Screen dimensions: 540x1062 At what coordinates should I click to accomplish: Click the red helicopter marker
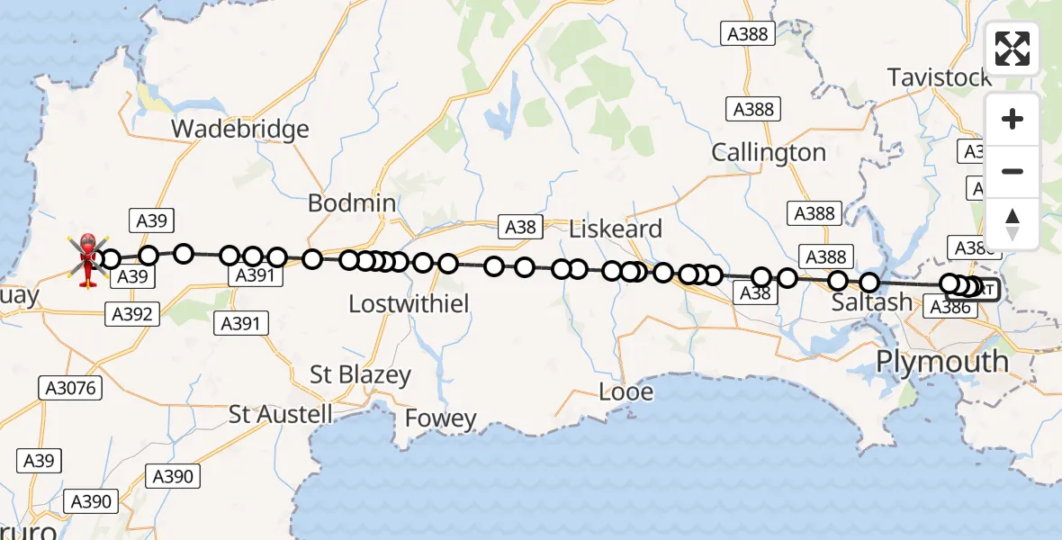[x=88, y=258]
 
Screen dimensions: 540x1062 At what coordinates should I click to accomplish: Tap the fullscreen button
[x=1012, y=49]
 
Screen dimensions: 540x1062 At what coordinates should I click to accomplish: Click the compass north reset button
[x=1012, y=224]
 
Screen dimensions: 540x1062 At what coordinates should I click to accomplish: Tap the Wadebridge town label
[x=240, y=129]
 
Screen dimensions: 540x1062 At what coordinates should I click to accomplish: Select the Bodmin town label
[x=352, y=203]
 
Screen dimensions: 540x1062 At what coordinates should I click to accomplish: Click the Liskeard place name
[x=616, y=229]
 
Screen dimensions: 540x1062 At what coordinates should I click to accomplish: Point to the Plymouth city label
[x=942, y=362]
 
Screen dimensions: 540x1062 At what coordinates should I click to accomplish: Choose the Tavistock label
[x=940, y=77]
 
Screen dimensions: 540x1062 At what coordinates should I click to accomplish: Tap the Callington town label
[x=769, y=153]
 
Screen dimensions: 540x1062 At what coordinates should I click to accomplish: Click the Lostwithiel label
[x=409, y=304]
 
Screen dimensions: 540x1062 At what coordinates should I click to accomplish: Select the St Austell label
[x=281, y=415]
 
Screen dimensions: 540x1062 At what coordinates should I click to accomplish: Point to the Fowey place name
[x=440, y=418]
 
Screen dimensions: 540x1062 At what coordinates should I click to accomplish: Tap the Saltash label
[x=872, y=302]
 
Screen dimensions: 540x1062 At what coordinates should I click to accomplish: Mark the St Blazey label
[x=360, y=374]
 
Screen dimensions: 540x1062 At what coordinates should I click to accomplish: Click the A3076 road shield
[x=69, y=388]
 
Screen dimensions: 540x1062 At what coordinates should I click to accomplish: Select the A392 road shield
[x=132, y=314]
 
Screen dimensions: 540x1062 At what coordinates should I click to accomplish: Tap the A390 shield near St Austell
[x=174, y=476]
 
